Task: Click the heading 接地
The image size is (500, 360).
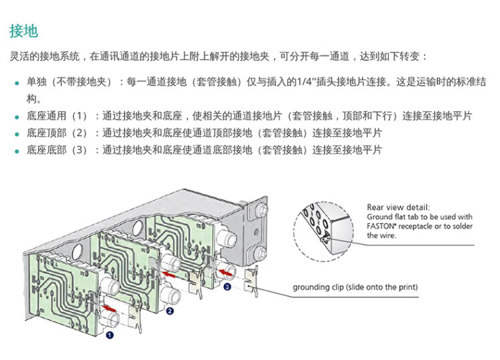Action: (x=23, y=31)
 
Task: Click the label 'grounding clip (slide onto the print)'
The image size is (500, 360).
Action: (x=355, y=287)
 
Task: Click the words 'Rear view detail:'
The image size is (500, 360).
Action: (x=398, y=207)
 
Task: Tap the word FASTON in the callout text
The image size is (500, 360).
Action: (x=383, y=226)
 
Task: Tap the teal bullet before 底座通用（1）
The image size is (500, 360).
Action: (x=17, y=117)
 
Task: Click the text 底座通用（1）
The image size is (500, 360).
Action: (x=57, y=116)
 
